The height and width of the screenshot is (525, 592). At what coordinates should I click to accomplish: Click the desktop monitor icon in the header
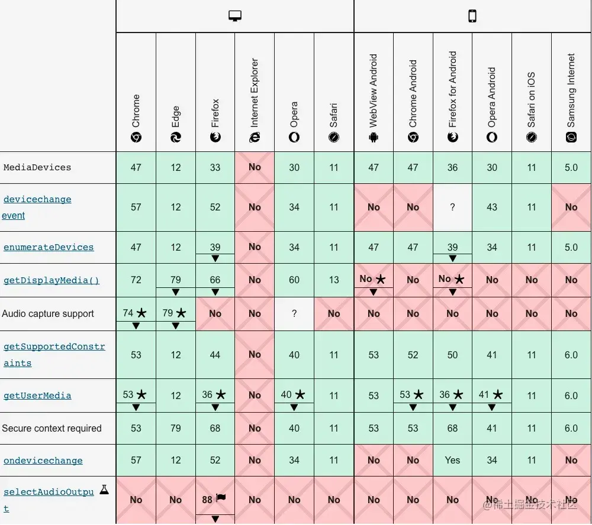pyautogui.click(x=235, y=16)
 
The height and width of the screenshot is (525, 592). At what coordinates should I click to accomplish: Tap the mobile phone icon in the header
pyautogui.click(x=472, y=16)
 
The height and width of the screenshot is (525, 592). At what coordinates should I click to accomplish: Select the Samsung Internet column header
pyautogui.click(x=571, y=98)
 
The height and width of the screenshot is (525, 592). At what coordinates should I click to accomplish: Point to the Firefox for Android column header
pyautogui.click(x=453, y=98)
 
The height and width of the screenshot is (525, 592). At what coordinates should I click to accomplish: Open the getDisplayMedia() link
pyautogui.click(x=52, y=280)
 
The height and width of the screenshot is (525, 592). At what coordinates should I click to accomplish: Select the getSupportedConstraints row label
pyautogui.click(x=54, y=355)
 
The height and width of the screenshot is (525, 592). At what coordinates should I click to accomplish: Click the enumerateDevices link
pyautogui.click(x=49, y=247)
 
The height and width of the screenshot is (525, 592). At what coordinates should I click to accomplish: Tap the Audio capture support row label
pyautogui.click(x=48, y=314)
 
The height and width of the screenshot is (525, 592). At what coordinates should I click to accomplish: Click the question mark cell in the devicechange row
pyautogui.click(x=453, y=207)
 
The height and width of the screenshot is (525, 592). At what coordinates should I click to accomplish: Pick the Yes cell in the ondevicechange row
pyautogui.click(x=453, y=461)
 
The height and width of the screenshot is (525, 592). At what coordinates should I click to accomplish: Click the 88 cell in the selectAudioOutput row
pyautogui.click(x=207, y=500)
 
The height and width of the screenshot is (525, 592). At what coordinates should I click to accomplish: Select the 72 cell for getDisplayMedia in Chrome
pyautogui.click(x=136, y=280)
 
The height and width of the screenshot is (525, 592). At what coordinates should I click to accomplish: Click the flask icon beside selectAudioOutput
pyautogui.click(x=104, y=490)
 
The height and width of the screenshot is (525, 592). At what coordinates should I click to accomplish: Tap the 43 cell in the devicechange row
pyautogui.click(x=492, y=207)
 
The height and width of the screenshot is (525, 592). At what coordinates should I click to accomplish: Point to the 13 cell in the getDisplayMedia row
pyautogui.click(x=334, y=280)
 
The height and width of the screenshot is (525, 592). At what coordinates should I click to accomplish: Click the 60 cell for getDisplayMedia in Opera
pyautogui.click(x=294, y=280)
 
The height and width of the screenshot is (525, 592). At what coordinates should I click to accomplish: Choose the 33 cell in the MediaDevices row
pyautogui.click(x=215, y=167)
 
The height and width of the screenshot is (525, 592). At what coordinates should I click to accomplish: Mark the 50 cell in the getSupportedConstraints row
pyautogui.click(x=453, y=355)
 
